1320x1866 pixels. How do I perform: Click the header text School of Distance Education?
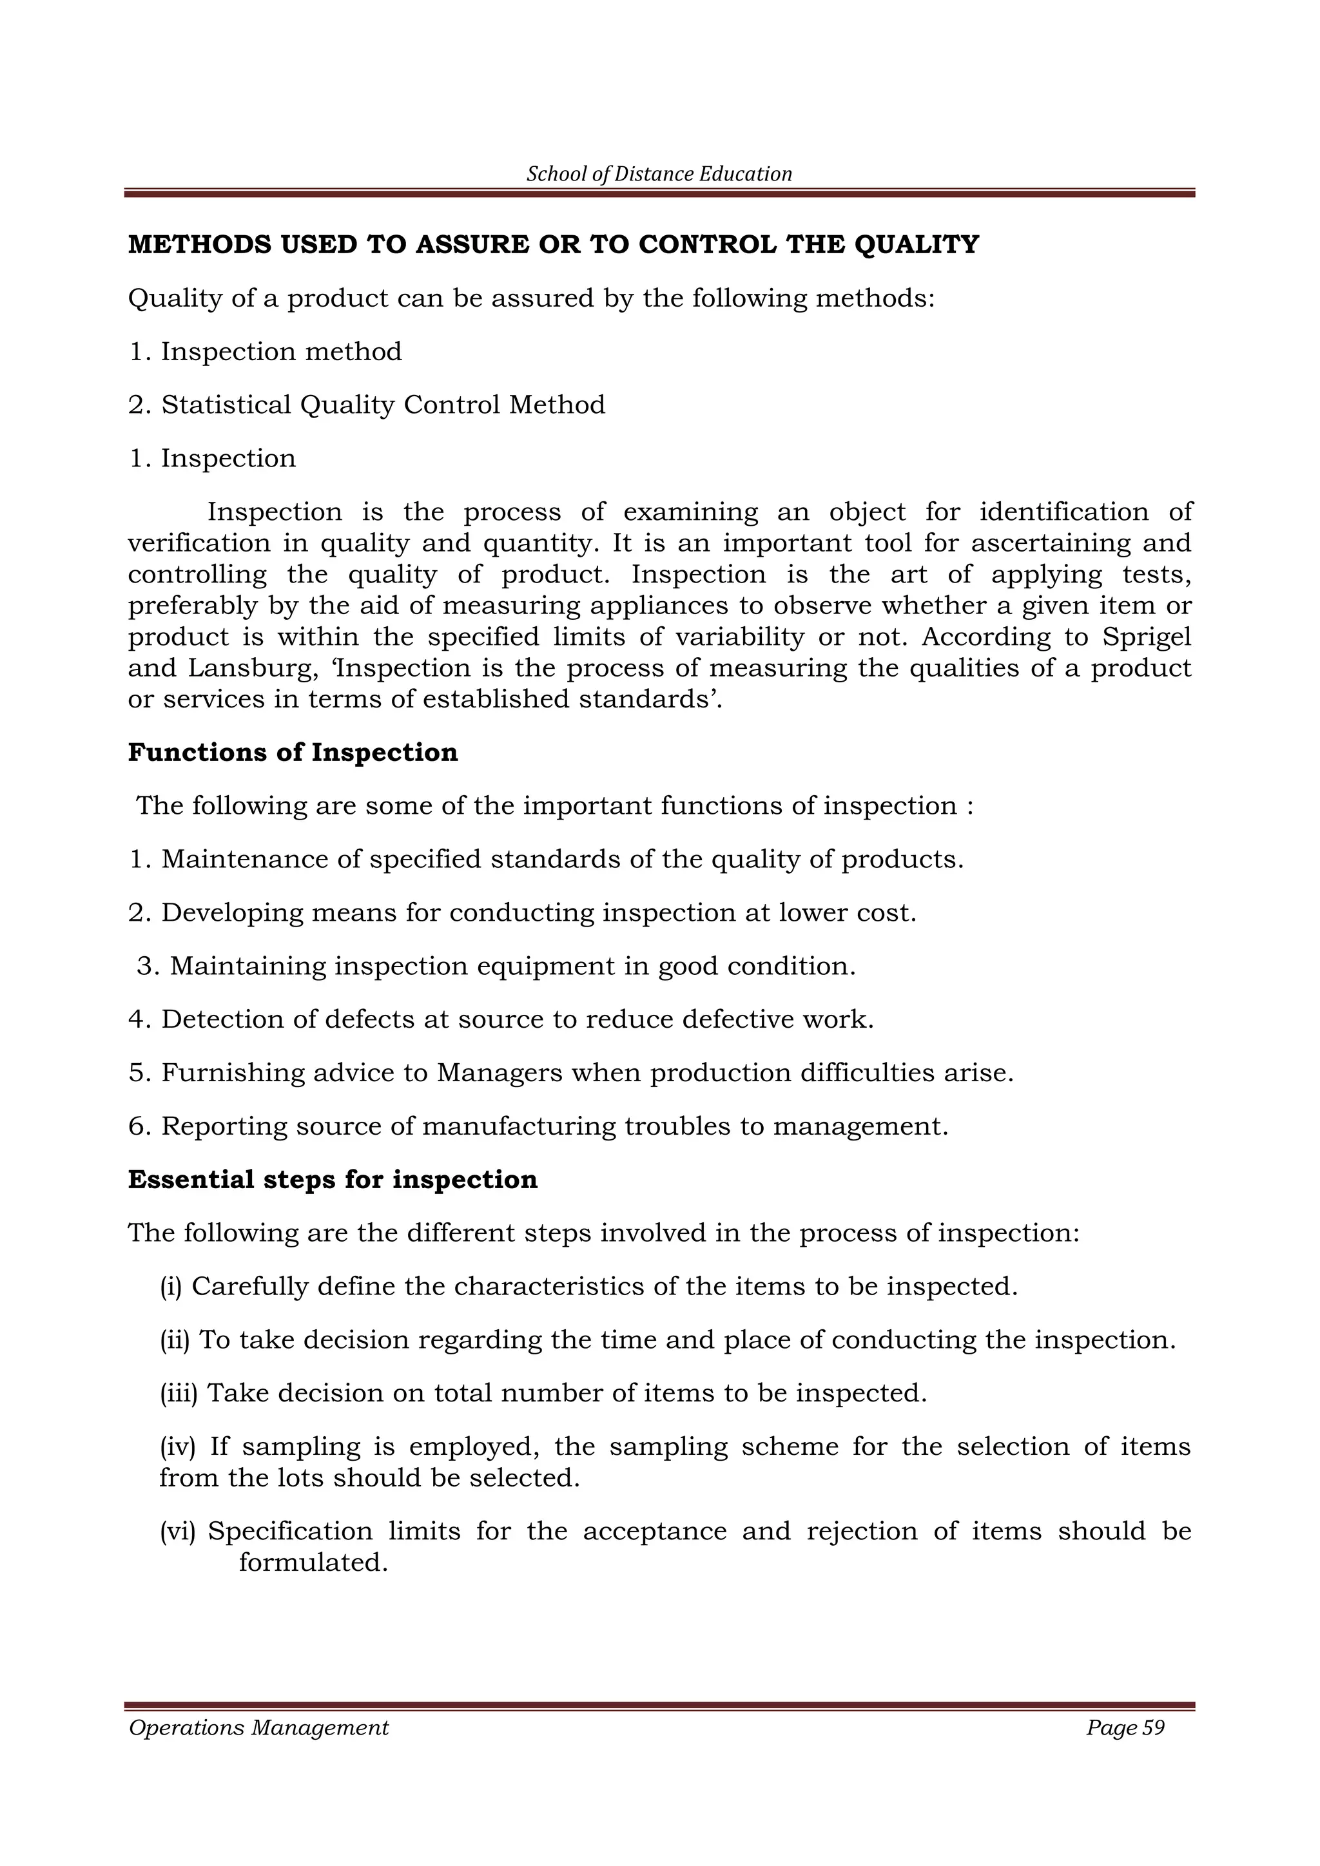[x=659, y=174]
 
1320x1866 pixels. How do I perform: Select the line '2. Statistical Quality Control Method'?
[x=367, y=405]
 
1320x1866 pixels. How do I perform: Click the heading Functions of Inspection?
[x=293, y=753]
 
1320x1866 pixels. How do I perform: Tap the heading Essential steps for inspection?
[x=333, y=1179]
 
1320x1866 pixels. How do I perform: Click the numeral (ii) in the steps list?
[x=175, y=1340]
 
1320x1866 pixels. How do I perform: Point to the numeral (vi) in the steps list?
[x=178, y=1531]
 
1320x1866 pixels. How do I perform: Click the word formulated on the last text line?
[x=312, y=1562]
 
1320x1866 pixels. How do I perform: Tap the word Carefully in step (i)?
[x=249, y=1287]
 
